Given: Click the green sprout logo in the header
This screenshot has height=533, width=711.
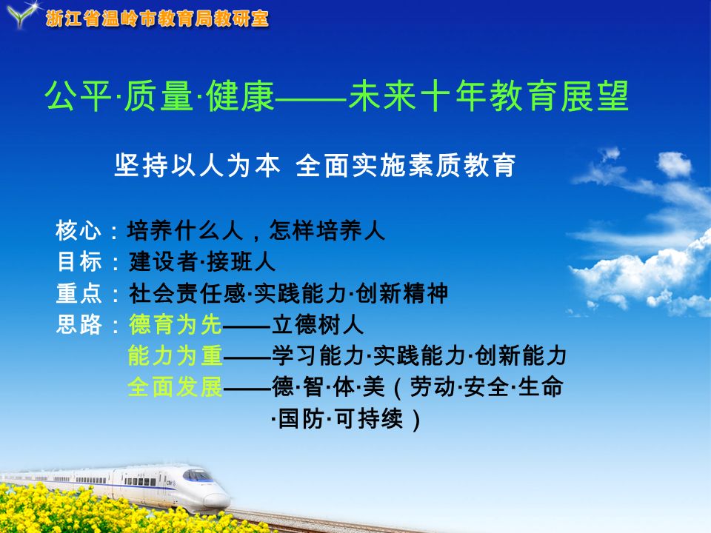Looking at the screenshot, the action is pos(21,15).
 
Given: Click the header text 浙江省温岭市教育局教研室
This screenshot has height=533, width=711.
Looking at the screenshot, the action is pos(157,19).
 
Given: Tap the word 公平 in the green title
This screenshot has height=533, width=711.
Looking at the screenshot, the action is pos(78,95).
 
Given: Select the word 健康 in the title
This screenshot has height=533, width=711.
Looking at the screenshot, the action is pos(240,95).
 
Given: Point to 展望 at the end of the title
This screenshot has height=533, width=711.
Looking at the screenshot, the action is pos(595,95).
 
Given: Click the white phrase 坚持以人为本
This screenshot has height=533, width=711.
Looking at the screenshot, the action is pos(197,165).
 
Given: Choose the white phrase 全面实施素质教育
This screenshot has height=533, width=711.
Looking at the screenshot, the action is pos(405,165).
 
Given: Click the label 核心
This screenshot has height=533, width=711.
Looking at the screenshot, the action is pos(78,230).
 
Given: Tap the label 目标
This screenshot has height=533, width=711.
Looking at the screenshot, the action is pos(79,261).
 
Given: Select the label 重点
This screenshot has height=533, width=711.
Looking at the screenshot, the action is pos(79,293).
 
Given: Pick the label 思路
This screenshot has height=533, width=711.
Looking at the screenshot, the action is pos(79,324).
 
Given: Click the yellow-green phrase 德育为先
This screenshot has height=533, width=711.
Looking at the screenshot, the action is pos(176,324).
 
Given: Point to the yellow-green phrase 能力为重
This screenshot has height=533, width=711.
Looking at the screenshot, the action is pos(176,355).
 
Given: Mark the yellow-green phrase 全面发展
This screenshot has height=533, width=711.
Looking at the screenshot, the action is pos(176,387).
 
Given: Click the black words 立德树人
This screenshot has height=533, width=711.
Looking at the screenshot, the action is pos(318,324).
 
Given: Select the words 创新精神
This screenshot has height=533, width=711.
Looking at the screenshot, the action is pos(402,293).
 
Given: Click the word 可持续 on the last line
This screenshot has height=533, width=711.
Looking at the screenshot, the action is pos(368,418).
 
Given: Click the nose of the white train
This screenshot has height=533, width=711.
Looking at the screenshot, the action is pos(218,500).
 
